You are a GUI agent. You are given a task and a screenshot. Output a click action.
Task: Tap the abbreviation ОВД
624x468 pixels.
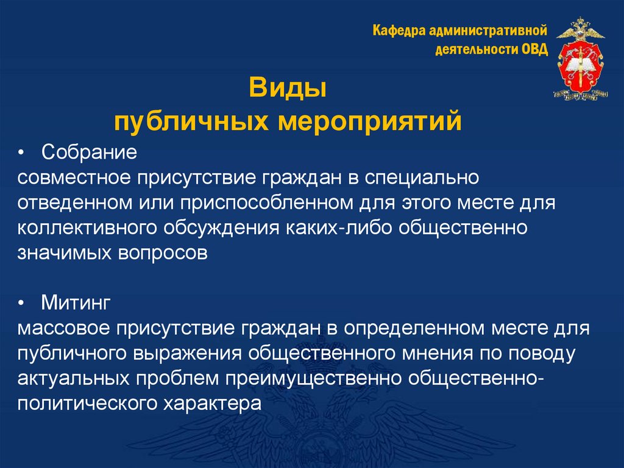(534, 49)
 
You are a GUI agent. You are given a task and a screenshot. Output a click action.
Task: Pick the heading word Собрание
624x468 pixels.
(89, 151)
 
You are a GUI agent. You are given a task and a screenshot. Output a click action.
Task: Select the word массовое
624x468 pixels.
(62, 328)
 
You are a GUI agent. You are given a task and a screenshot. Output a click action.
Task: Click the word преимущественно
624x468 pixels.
(312, 378)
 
